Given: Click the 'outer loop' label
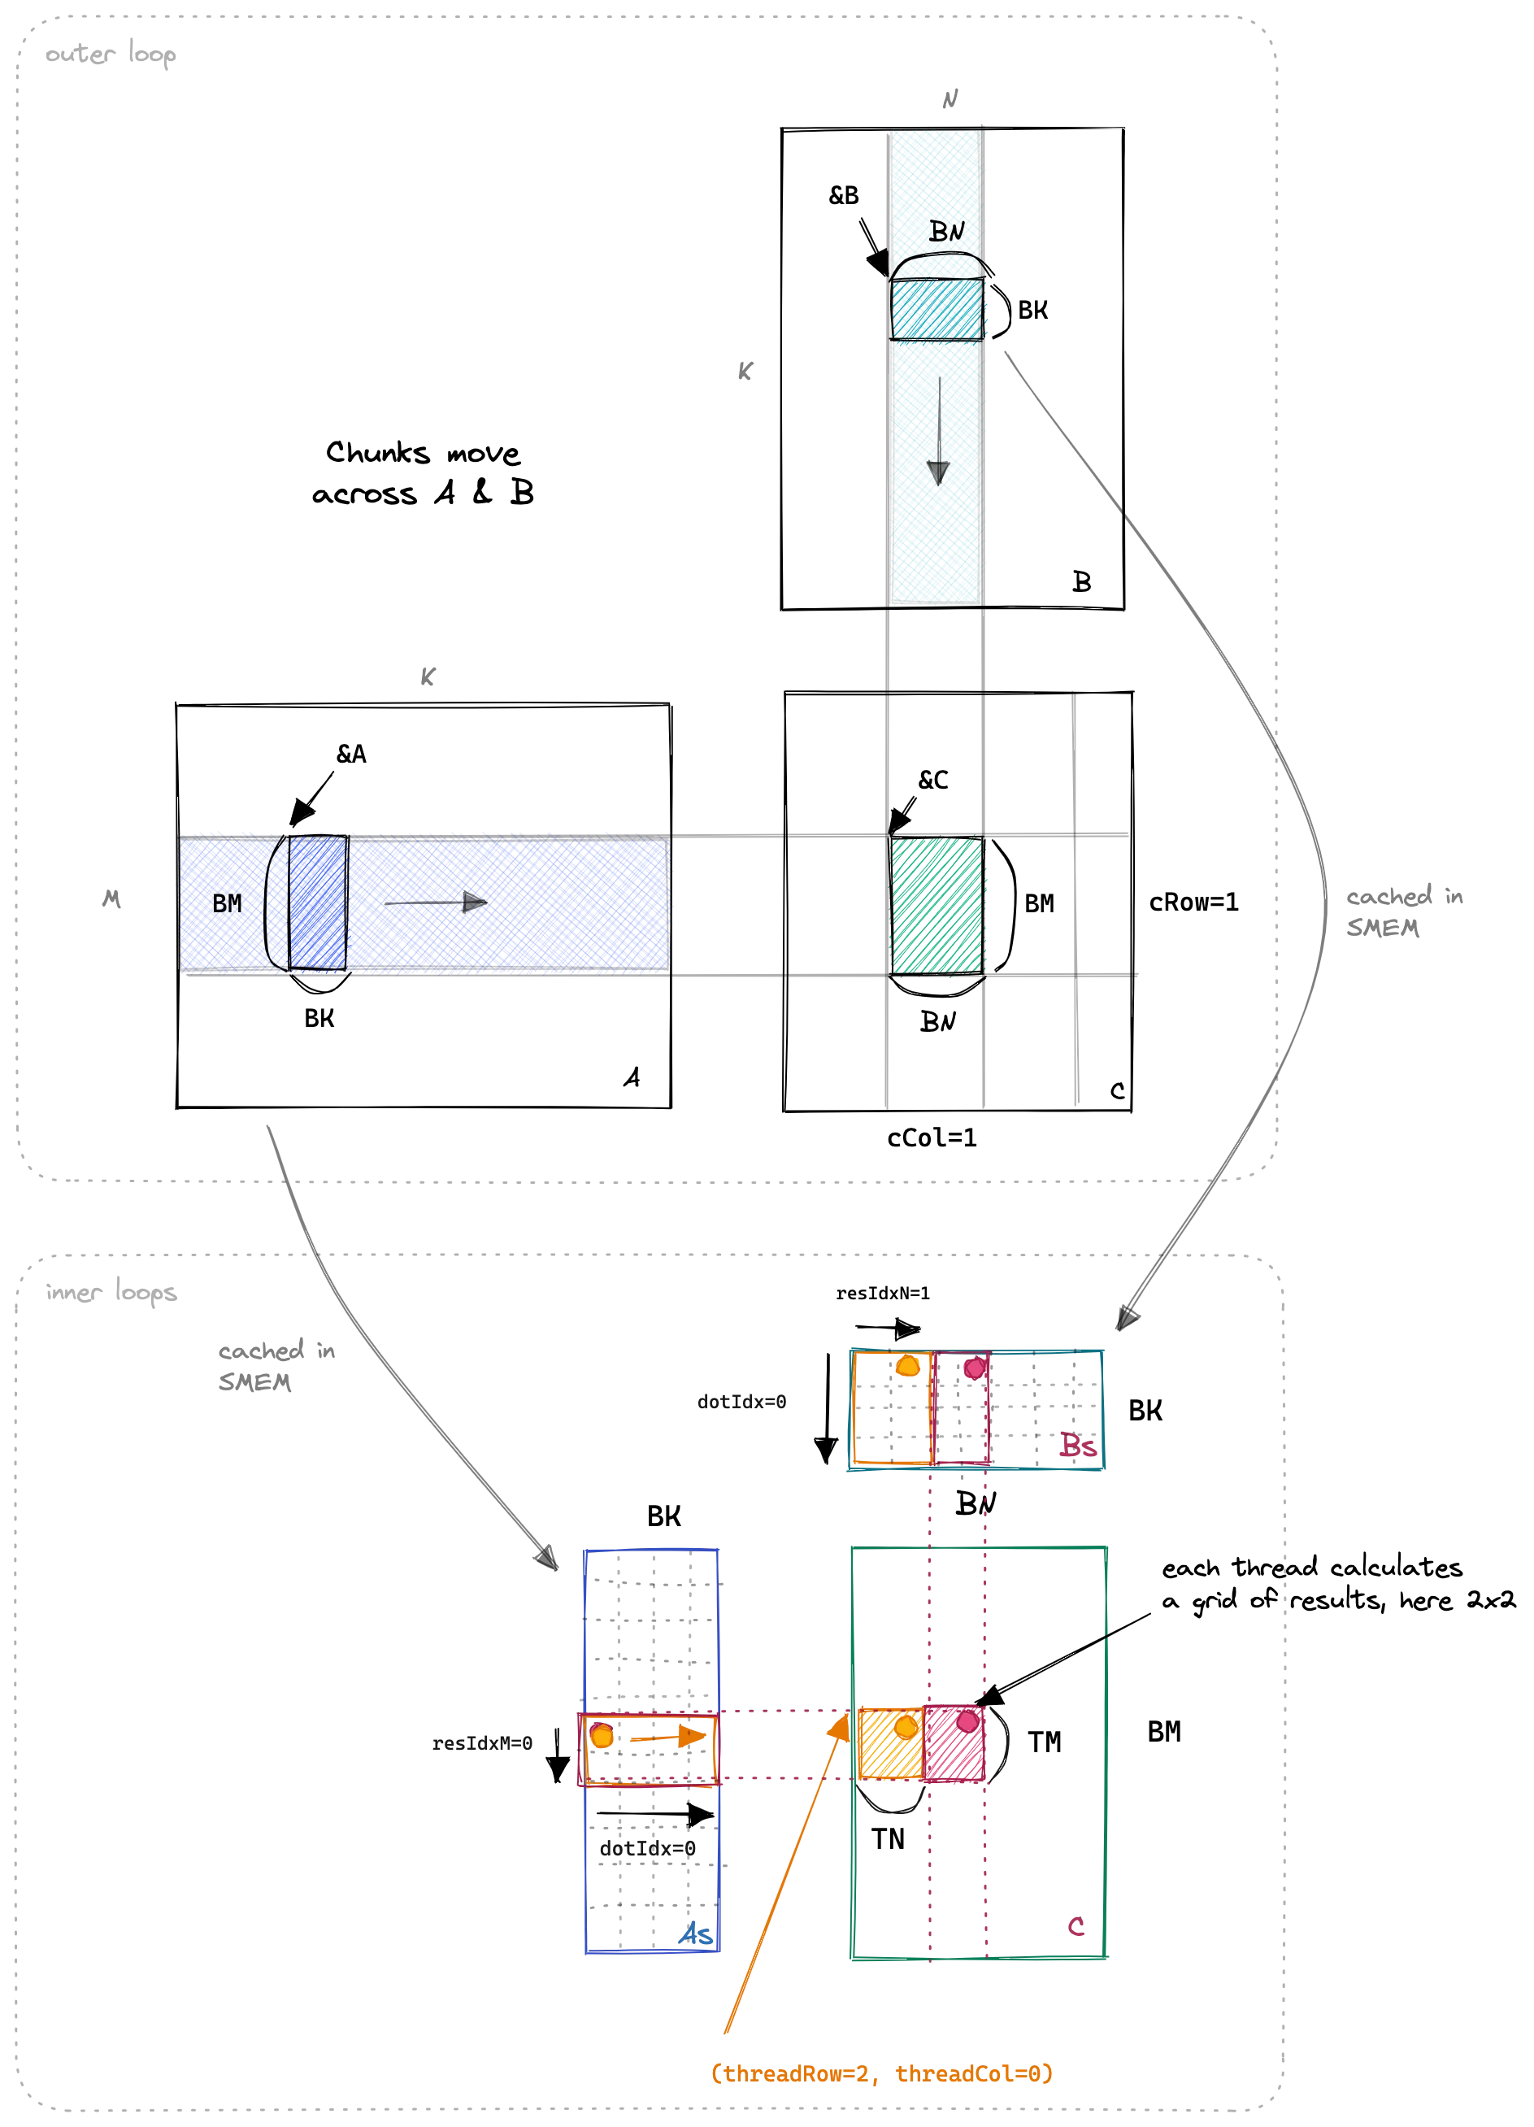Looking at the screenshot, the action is [111, 54].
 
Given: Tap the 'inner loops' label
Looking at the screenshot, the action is [111, 1291].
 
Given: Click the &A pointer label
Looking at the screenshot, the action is [352, 754].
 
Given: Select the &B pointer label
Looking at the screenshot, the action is [844, 195].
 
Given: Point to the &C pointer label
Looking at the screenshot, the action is [933, 780].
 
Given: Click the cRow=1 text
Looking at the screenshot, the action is [1193, 903].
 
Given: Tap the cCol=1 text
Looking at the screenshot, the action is [932, 1137].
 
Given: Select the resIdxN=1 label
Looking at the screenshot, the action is [884, 1294].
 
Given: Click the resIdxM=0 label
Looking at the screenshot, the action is [482, 1743].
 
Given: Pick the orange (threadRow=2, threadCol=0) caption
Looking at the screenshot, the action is [881, 2073].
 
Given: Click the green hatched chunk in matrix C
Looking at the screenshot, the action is [936, 905].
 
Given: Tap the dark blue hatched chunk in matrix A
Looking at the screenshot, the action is [318, 903].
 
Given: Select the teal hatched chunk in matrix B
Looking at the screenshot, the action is [936, 308].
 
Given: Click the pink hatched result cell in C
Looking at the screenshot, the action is [954, 1742].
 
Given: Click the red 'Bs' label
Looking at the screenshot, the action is [1078, 1445].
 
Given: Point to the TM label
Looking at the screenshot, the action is [1045, 1742].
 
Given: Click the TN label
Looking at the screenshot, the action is [888, 1839].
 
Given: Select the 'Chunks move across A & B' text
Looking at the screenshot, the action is [423, 472].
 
